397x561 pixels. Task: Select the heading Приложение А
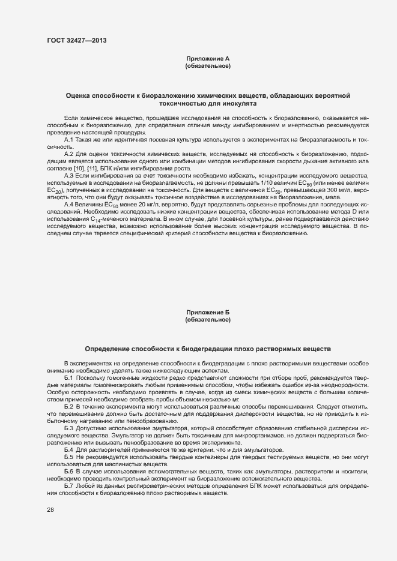(208, 58)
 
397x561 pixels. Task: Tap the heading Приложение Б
(208, 313)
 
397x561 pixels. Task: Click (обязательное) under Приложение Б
(208, 320)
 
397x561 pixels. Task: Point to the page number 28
(50, 510)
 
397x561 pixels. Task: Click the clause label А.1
(68, 140)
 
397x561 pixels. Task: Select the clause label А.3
(68, 175)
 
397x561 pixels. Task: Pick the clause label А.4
(68, 205)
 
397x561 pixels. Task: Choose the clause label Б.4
(68, 450)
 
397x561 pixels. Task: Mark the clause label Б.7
(68, 485)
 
